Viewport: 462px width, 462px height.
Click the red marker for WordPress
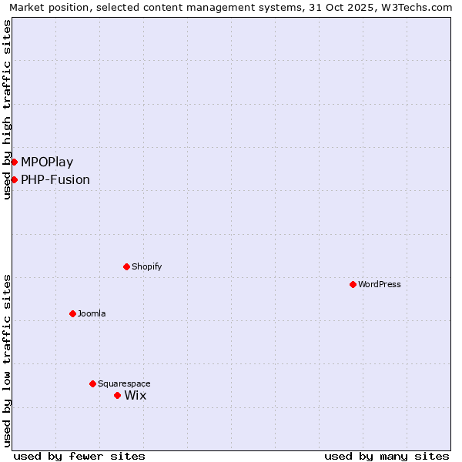(353, 284)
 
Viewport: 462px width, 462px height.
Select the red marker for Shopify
(126, 266)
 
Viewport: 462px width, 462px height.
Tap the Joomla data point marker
(72, 313)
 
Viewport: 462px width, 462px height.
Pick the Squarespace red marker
(92, 383)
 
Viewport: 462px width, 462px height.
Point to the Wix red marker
(117, 395)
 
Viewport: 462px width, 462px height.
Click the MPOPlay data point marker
(14, 162)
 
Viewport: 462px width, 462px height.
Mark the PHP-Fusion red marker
(14, 179)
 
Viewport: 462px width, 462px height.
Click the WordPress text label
(380, 284)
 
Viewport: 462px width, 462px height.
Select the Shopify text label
(147, 266)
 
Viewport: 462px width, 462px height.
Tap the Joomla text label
(92, 313)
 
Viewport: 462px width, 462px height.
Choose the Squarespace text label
(124, 383)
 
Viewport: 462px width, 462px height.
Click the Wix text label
(136, 396)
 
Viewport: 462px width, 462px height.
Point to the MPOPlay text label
(47, 162)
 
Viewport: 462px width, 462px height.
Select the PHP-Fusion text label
(55, 180)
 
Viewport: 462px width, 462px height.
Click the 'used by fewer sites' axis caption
(79, 456)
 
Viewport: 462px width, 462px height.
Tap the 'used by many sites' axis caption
(387, 456)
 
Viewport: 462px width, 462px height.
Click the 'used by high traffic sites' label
(7, 110)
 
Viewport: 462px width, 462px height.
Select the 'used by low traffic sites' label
(7, 360)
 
